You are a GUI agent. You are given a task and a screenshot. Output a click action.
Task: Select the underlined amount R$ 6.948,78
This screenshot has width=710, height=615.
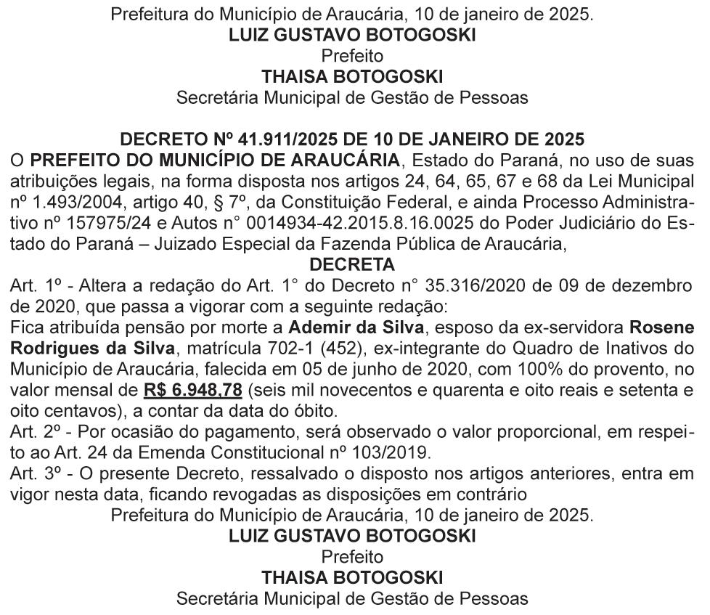point(192,391)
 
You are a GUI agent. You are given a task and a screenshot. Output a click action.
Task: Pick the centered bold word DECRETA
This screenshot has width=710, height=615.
point(352,264)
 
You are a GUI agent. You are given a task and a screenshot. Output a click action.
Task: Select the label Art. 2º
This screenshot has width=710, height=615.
point(31,433)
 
